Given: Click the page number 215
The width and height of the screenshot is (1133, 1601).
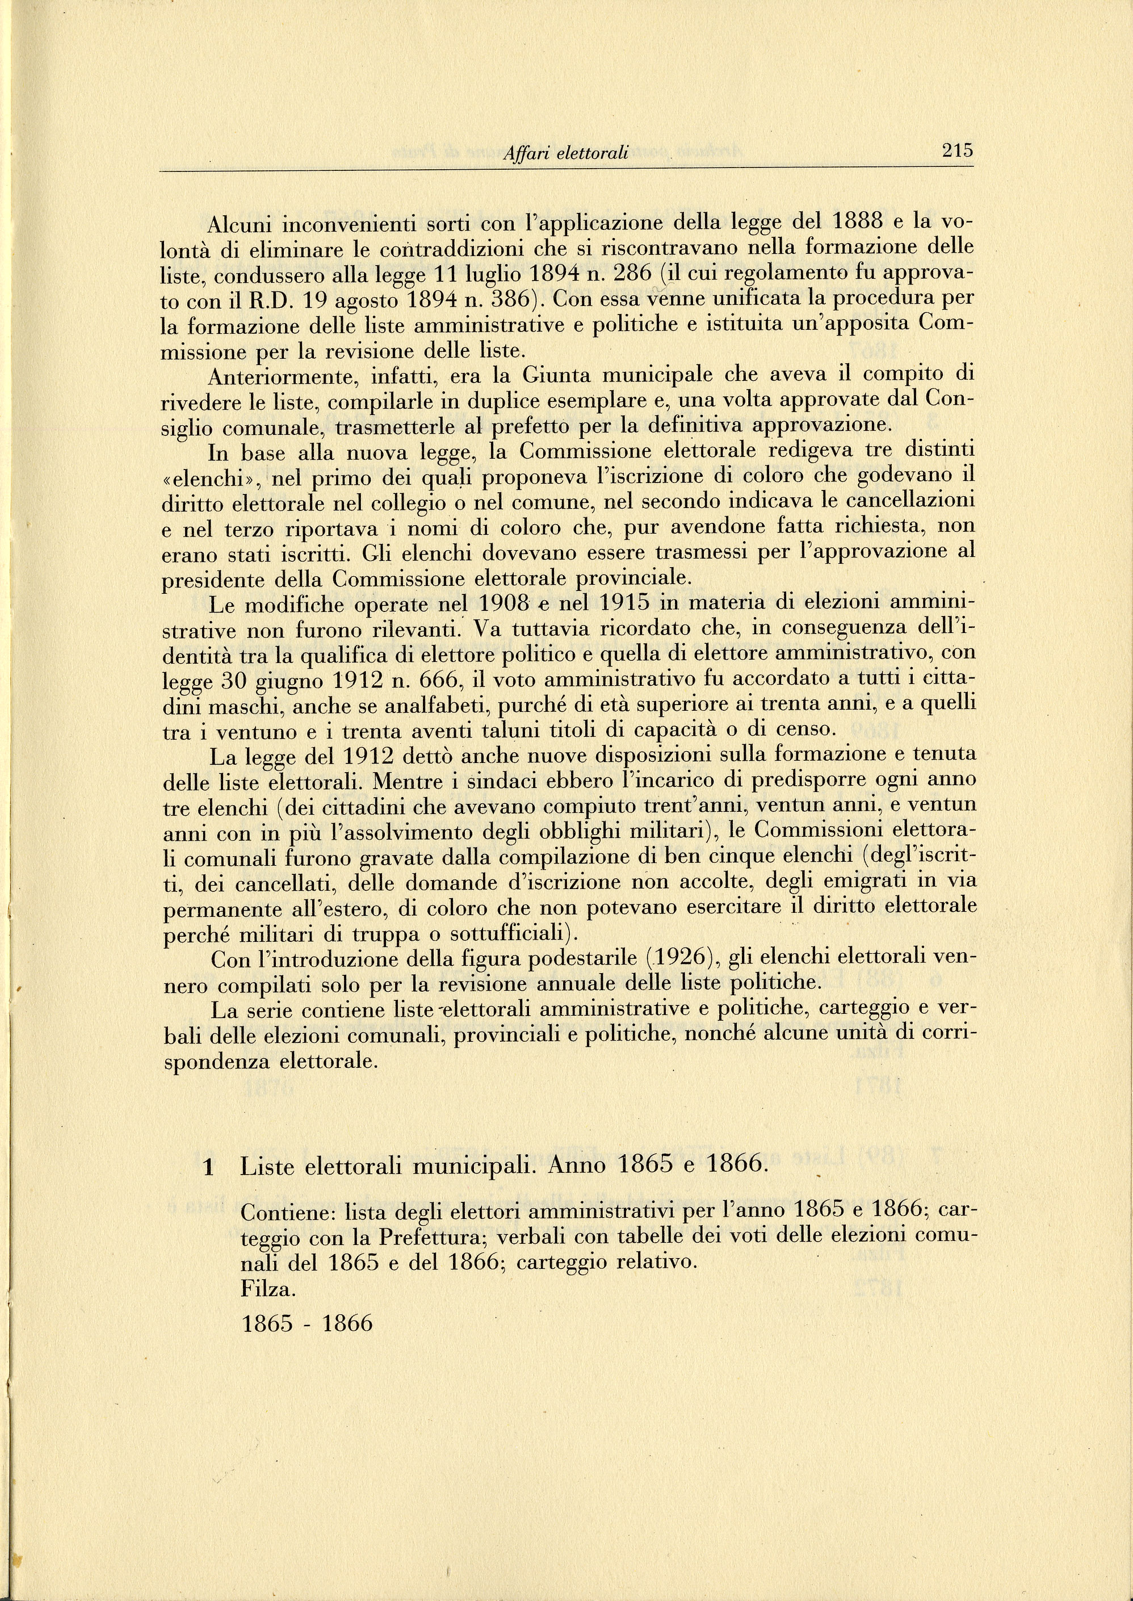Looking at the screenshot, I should coord(957,150).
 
